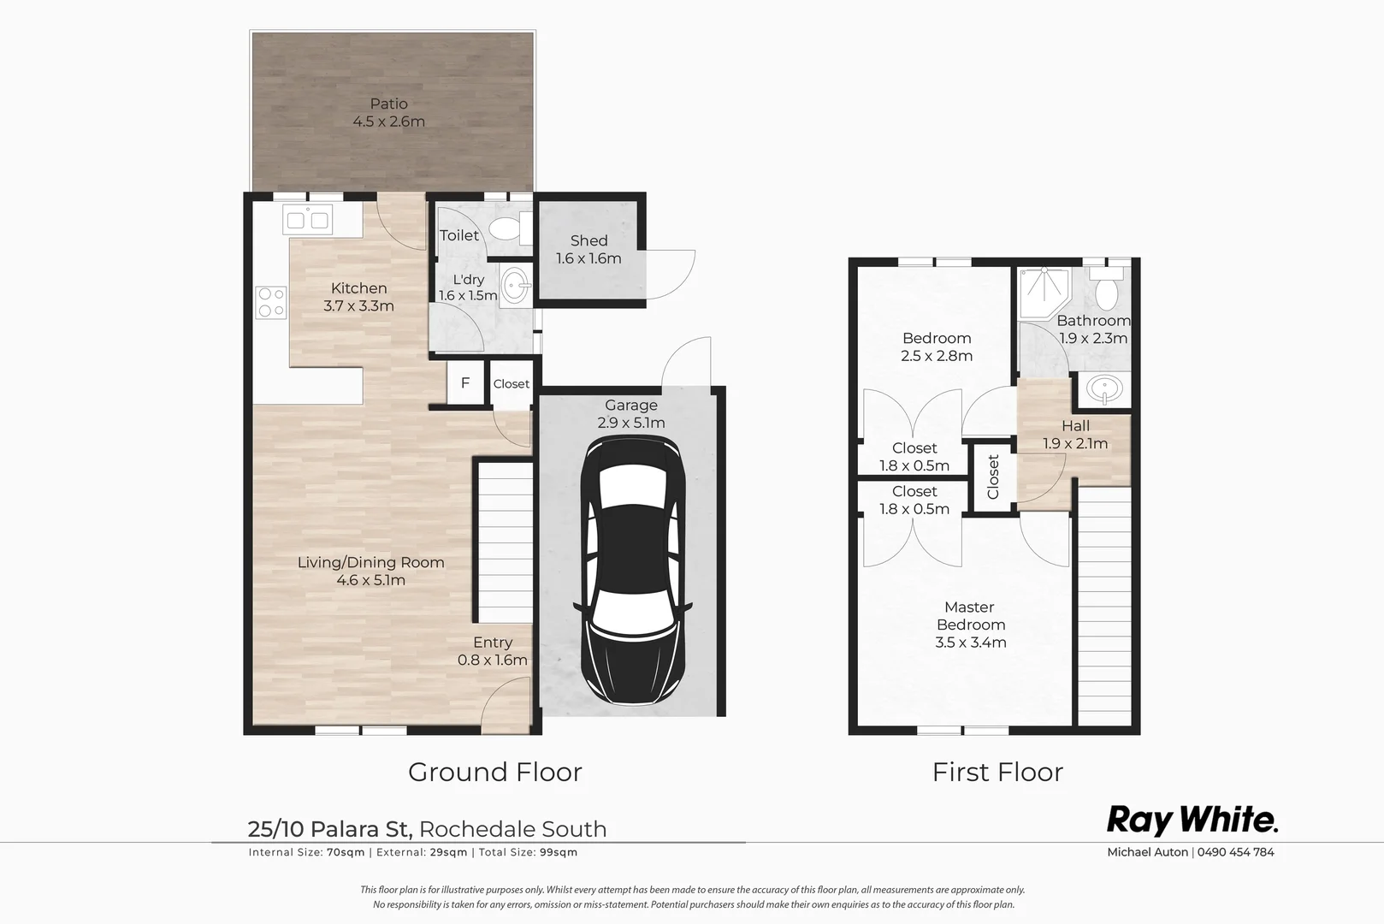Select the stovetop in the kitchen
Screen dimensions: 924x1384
pyautogui.click(x=271, y=302)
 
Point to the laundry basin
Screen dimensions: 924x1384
pyautogui.click(x=515, y=287)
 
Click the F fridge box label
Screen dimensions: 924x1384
pyautogui.click(x=465, y=383)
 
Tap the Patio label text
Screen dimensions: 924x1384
pyautogui.click(x=388, y=104)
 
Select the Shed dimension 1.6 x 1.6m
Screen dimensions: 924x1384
pyautogui.click(x=588, y=258)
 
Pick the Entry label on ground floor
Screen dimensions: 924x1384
pyautogui.click(x=493, y=643)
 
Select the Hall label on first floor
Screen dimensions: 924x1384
pyautogui.click(x=1075, y=425)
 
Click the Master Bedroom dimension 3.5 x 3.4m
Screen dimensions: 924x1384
pyautogui.click(x=970, y=643)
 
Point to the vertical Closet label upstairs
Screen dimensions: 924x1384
pyautogui.click(x=993, y=477)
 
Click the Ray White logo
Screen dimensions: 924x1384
pyautogui.click(x=1192, y=820)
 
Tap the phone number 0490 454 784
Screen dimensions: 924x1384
pyautogui.click(x=1235, y=852)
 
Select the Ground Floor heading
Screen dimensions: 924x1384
pyautogui.click(x=494, y=772)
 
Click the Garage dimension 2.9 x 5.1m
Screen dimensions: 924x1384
pyautogui.click(x=631, y=423)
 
